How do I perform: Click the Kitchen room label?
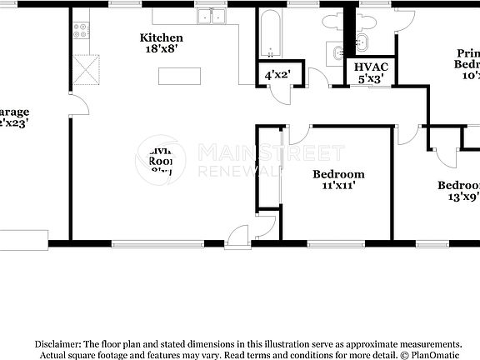(x=162, y=37)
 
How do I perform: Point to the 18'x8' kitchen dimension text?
(x=162, y=49)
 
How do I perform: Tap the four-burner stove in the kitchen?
(x=81, y=31)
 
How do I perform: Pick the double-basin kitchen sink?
(x=211, y=17)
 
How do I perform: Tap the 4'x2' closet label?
(x=277, y=75)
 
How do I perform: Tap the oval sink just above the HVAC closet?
(x=337, y=54)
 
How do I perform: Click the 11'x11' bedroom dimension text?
(x=338, y=186)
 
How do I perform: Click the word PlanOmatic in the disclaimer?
(x=432, y=354)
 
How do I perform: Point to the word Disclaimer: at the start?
(x=57, y=343)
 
